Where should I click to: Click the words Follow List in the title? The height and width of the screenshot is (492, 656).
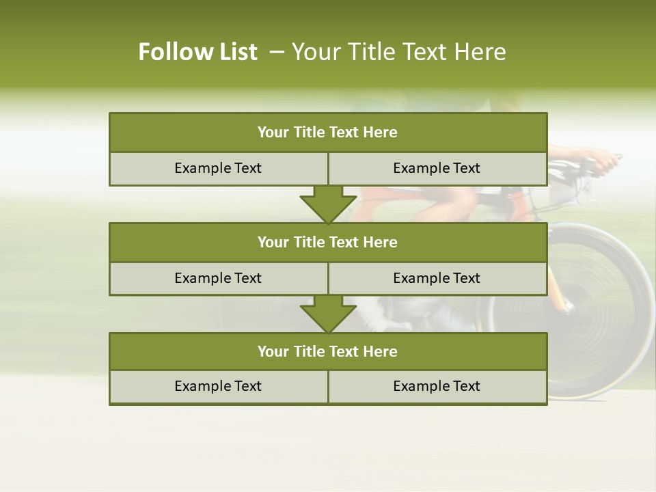(197, 52)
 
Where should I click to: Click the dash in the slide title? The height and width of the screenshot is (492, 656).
(277, 52)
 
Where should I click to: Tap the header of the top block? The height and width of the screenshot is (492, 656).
(328, 133)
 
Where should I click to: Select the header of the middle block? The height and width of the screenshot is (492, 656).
(328, 242)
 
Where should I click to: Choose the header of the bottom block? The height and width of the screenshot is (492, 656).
(328, 351)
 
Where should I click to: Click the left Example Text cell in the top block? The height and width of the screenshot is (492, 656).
(218, 168)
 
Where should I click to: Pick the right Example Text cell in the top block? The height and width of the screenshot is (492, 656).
(437, 168)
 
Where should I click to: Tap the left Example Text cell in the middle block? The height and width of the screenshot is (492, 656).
(218, 278)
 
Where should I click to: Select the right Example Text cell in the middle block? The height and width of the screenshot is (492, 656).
(437, 278)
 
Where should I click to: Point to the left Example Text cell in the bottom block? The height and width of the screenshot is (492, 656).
(218, 386)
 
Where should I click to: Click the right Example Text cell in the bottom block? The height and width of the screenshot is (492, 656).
(437, 386)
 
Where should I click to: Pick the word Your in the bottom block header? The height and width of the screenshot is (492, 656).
(273, 351)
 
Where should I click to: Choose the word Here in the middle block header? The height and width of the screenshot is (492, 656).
(381, 242)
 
